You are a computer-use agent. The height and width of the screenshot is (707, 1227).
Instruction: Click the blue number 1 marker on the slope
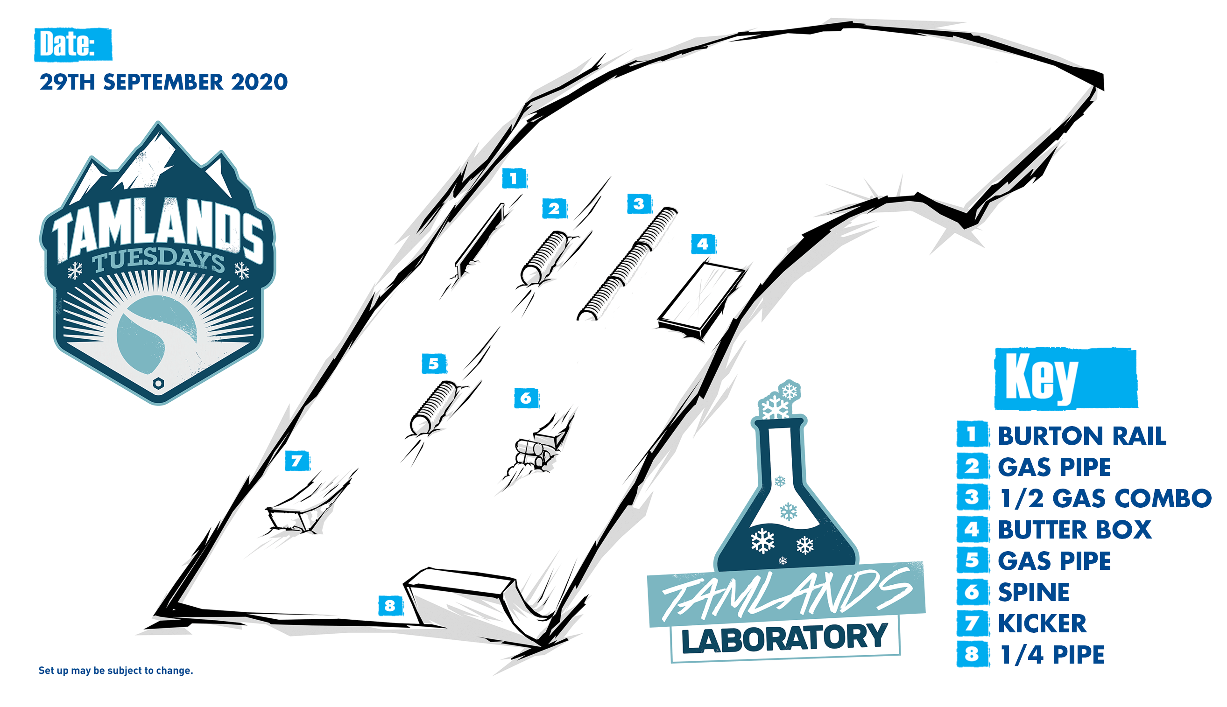tap(514, 178)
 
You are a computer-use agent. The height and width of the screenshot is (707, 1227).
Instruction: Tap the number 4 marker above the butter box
tap(703, 244)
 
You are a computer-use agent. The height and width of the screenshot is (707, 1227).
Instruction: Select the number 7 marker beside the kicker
tap(297, 460)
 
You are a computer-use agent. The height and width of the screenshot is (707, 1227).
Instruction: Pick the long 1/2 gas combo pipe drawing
tap(627, 264)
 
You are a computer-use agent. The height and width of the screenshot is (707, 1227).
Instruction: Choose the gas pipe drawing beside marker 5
tap(433, 408)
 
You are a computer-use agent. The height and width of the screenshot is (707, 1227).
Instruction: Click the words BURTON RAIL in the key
tap(1082, 435)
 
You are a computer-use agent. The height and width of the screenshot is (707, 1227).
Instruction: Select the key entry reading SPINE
tap(1034, 592)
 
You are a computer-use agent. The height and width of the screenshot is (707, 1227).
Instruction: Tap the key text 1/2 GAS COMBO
tap(1105, 498)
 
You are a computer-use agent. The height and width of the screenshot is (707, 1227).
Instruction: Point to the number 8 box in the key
tap(973, 654)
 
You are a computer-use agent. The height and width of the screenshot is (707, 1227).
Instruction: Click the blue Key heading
tap(1066, 379)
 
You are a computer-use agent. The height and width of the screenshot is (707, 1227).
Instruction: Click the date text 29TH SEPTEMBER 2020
tap(164, 82)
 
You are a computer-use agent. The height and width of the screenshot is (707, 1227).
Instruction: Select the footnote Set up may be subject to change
tap(116, 671)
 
